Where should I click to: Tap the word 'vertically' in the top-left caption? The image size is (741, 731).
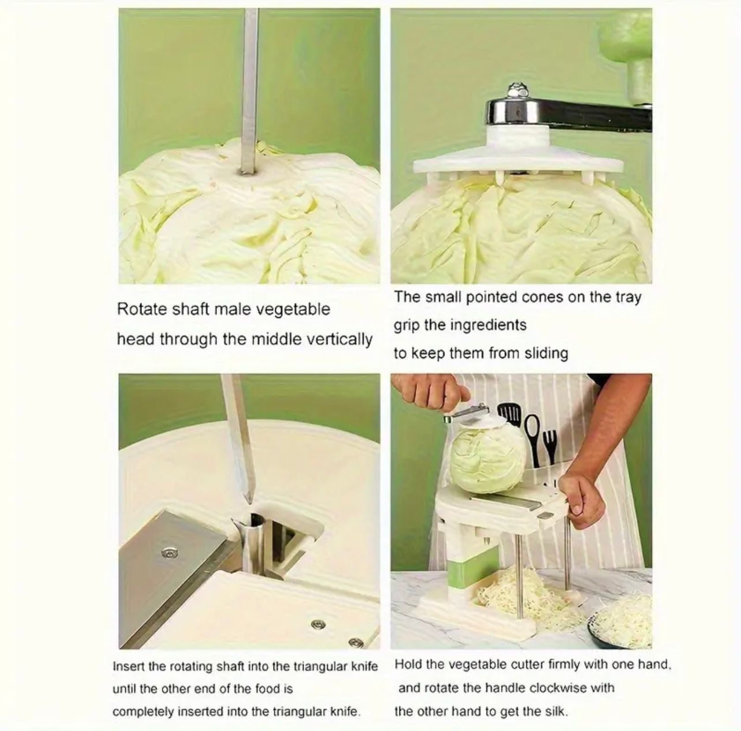tap(340, 339)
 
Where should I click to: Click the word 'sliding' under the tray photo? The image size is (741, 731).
tap(546, 353)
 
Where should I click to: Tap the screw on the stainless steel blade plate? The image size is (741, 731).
tap(170, 553)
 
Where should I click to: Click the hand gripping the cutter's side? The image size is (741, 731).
tap(582, 498)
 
